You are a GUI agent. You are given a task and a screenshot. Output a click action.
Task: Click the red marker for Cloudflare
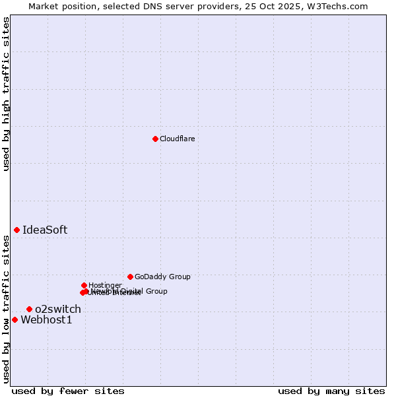[155, 139]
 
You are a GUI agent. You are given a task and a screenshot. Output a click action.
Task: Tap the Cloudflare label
[177, 139]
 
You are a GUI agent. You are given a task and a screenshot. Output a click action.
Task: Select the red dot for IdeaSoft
[16, 230]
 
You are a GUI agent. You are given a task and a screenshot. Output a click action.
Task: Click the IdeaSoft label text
[45, 230]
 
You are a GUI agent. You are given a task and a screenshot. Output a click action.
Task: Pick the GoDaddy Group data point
[130, 277]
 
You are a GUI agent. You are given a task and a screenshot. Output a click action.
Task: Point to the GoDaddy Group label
[162, 277]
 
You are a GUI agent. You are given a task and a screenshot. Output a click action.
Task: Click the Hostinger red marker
[84, 285]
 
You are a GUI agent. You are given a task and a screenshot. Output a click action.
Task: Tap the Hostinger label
[105, 286]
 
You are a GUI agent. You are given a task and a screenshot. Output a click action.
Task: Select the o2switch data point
[29, 309]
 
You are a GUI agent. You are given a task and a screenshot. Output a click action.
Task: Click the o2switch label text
[58, 310]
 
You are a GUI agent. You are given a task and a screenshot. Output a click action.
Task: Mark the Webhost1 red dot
[15, 319]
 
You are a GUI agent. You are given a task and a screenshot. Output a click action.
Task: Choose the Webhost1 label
[46, 320]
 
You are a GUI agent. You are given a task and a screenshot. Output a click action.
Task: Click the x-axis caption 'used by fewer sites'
[68, 391]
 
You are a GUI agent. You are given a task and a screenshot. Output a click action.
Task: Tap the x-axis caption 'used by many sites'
[331, 391]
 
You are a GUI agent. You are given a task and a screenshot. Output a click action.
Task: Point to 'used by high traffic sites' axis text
[6, 94]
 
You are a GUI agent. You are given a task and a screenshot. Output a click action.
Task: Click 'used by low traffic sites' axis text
[6, 309]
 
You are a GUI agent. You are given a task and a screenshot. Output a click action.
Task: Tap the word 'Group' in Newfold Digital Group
[156, 291]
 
